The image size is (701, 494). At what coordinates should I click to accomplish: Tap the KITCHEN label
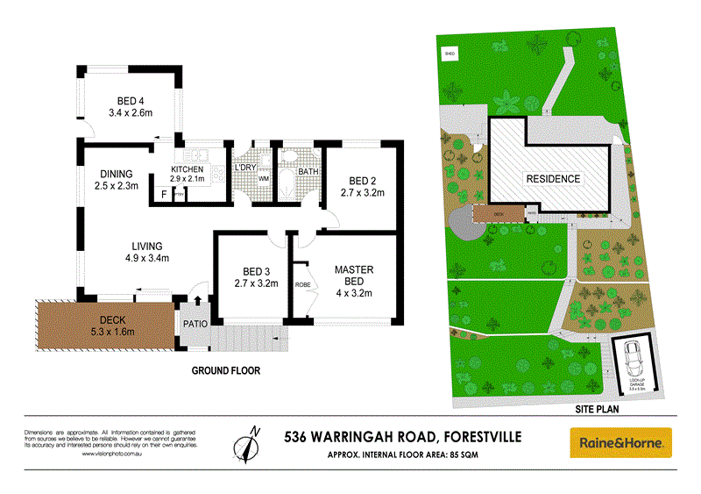tap(187, 169)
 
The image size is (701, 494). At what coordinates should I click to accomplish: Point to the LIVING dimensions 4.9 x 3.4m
tap(147, 258)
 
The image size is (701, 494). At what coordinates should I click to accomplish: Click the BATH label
tap(308, 171)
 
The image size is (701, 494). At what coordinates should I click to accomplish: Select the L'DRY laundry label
tap(245, 168)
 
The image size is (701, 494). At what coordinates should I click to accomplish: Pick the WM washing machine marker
tap(262, 180)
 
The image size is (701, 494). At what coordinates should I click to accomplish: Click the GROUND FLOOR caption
tap(226, 370)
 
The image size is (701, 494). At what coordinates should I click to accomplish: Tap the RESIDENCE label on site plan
tap(553, 179)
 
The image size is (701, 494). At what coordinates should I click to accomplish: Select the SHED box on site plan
tap(451, 54)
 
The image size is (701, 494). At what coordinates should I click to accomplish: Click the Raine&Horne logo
tap(620, 442)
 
